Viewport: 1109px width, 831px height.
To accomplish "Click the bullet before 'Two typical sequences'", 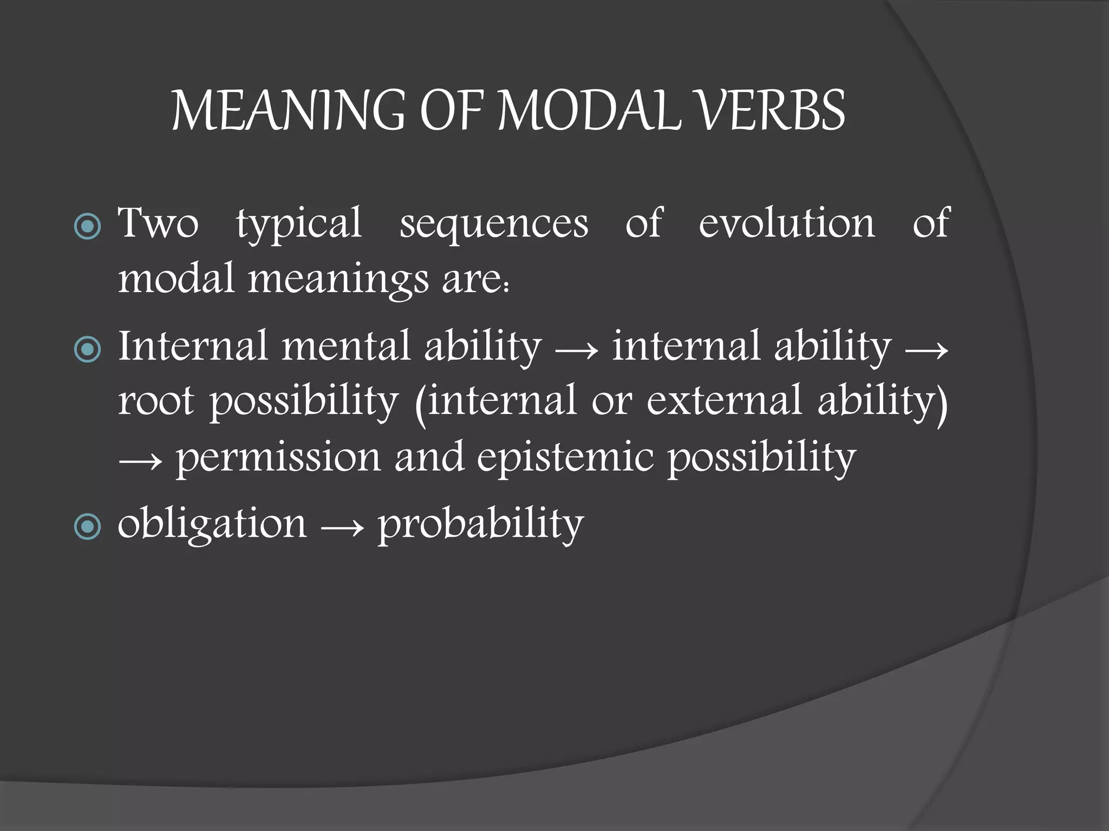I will tap(87, 226).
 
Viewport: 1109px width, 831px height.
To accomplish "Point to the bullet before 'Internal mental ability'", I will tap(87, 349).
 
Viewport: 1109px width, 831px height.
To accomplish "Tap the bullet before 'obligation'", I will tap(87, 526).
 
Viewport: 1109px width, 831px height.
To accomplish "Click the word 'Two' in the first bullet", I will tap(158, 223).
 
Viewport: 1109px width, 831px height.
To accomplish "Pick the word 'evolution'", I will tap(786, 223).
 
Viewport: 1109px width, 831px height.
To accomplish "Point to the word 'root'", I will tap(156, 403).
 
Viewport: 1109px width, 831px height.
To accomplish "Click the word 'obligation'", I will tap(212, 525).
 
